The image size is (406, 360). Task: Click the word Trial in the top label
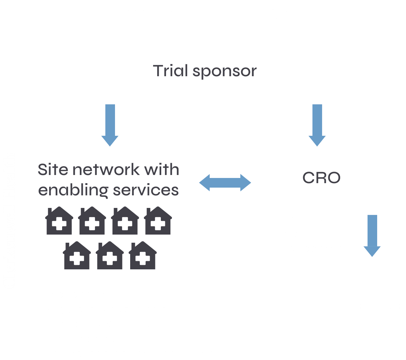[170, 71]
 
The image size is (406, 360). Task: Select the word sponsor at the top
[224, 72]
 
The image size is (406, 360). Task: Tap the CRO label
[321, 178]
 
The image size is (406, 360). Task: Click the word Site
[53, 169]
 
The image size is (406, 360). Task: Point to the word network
[106, 169]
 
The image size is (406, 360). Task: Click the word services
[146, 191]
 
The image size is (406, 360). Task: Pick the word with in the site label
[162, 169]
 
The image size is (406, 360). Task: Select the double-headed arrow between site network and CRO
[225, 183]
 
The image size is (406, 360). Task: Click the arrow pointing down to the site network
[110, 125]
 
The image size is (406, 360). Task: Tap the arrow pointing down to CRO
[317, 125]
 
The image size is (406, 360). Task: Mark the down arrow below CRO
[372, 236]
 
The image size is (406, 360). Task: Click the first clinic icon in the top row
[59, 221]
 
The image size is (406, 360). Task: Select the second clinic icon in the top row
[92, 221]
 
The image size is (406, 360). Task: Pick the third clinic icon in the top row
[125, 221]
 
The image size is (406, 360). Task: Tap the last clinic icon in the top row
[158, 221]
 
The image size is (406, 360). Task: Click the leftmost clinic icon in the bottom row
[77, 255]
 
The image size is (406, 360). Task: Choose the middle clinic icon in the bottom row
[109, 255]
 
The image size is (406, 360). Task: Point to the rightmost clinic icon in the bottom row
[142, 255]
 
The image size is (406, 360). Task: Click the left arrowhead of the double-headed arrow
[204, 183]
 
